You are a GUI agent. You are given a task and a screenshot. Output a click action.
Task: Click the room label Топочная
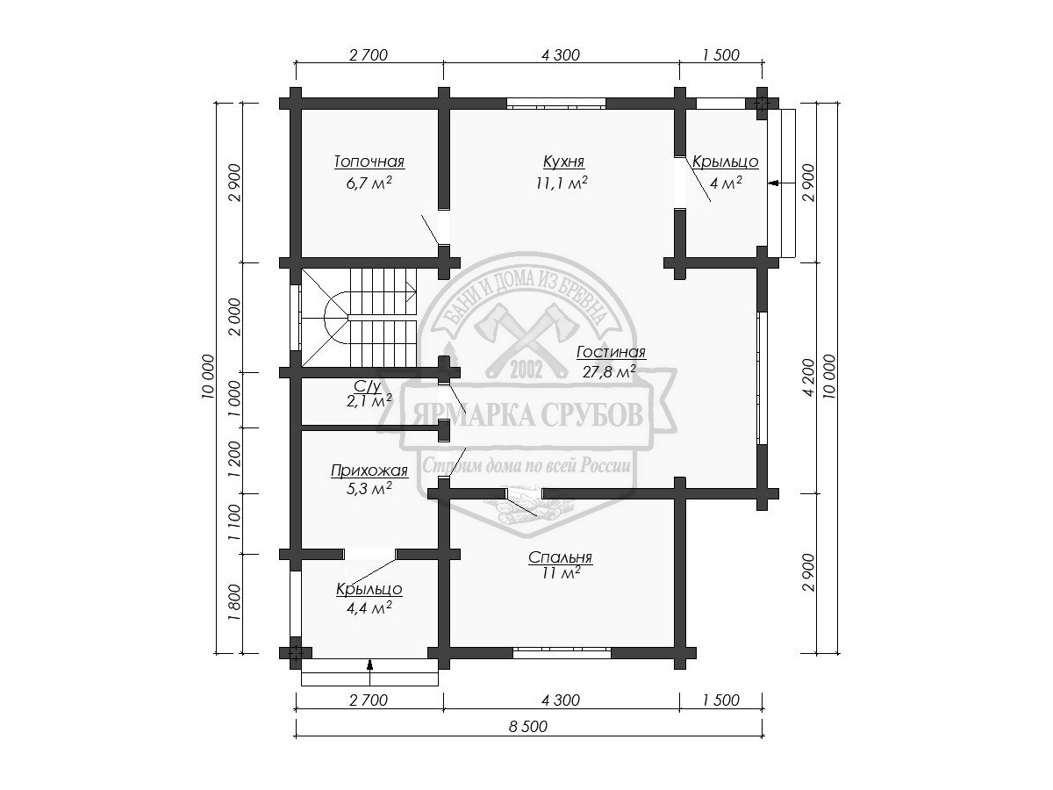(369, 162)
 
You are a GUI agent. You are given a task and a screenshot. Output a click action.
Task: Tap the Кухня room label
(563, 162)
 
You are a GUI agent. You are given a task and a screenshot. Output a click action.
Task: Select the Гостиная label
(611, 352)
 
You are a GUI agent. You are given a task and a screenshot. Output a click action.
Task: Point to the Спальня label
(560, 557)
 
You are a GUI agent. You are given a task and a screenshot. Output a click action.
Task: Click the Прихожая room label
(369, 470)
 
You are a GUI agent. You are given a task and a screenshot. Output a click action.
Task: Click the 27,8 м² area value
(609, 371)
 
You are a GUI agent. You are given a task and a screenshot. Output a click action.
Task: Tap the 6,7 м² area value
(369, 183)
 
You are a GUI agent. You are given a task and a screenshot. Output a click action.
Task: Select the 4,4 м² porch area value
(369, 607)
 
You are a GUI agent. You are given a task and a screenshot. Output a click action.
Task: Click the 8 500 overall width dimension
(527, 727)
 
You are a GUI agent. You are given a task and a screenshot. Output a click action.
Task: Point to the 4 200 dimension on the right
(808, 377)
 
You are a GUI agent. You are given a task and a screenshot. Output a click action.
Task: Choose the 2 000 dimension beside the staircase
(234, 317)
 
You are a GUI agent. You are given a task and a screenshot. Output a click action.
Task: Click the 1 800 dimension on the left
(234, 602)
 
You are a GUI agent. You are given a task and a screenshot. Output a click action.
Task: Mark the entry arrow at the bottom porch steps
(370, 665)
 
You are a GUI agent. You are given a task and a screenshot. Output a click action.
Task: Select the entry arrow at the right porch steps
(773, 183)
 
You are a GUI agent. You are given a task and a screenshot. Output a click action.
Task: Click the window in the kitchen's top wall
(556, 104)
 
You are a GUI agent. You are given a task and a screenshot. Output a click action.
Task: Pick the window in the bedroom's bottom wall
(562, 652)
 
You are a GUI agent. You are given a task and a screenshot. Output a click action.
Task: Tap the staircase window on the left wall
(296, 319)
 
